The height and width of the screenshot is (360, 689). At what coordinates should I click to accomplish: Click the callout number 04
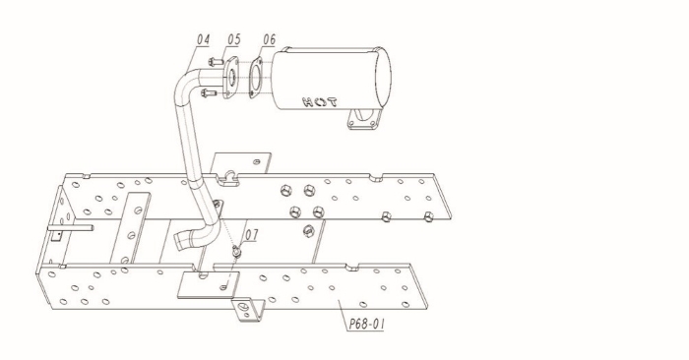point(203,39)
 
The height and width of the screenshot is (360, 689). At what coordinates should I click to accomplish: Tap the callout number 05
point(234,39)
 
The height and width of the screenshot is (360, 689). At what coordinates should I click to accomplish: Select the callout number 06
point(269,39)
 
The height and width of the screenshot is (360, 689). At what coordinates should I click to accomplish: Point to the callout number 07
point(251,235)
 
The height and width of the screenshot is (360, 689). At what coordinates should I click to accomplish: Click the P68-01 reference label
point(367,324)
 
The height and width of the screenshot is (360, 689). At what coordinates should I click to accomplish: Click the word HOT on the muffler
point(320,102)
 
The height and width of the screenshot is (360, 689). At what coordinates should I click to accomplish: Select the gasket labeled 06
point(256,78)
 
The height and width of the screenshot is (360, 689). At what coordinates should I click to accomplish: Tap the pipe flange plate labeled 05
point(230,78)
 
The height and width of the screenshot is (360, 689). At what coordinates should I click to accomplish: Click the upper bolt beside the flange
point(216,62)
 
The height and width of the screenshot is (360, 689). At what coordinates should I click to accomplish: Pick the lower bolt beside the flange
point(209,92)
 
